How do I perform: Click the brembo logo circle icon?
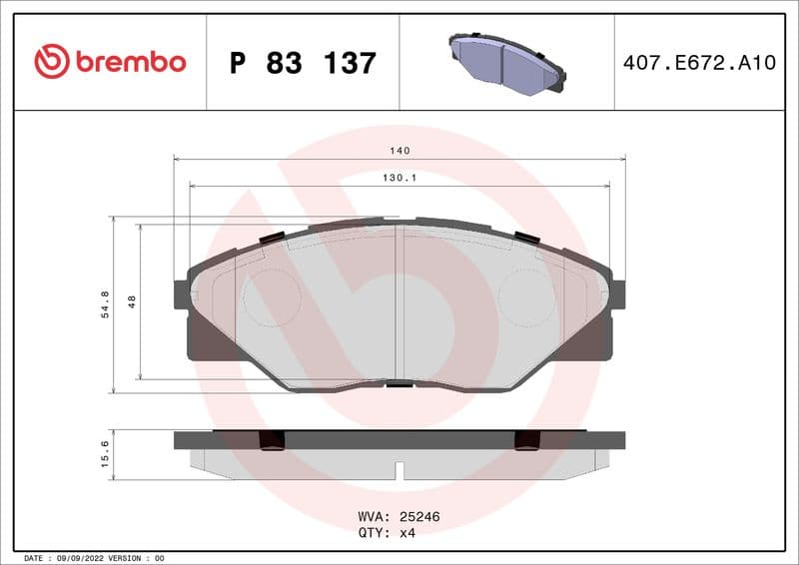click(x=52, y=62)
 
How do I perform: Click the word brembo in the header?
click(x=130, y=62)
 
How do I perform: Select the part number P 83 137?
click(x=303, y=63)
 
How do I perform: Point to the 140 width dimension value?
click(x=399, y=151)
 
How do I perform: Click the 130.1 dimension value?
click(x=399, y=178)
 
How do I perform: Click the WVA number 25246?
click(x=420, y=517)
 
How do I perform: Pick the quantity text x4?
click(x=406, y=533)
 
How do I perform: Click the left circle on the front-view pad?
click(x=272, y=297)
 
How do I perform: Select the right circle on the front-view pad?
click(x=526, y=297)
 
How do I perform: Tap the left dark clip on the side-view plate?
click(x=272, y=440)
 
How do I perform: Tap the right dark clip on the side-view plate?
click(x=526, y=440)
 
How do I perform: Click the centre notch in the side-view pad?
click(x=399, y=470)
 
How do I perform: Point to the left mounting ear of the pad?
click(x=181, y=294)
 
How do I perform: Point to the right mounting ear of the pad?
click(x=618, y=294)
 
